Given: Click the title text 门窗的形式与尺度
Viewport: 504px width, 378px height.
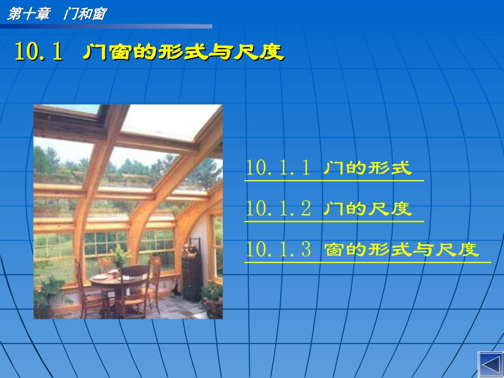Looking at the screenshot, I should [184, 52].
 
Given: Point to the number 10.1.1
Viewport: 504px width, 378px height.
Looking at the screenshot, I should [279, 168].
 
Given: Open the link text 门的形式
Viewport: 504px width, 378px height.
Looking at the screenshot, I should [367, 169].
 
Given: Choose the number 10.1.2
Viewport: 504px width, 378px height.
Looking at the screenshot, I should [279, 209].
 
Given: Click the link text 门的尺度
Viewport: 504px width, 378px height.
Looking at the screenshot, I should [367, 209].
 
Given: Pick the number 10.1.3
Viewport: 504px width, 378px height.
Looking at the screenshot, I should [279, 249].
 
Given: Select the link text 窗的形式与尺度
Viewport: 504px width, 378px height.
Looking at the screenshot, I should [402, 250].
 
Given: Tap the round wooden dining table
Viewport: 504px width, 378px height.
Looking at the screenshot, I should [109, 279].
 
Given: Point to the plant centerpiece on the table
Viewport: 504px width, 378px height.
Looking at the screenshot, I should [120, 258].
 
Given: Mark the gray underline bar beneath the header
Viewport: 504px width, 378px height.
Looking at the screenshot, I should [106, 26].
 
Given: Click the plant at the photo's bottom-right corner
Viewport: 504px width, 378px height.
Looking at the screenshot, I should [212, 299].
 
